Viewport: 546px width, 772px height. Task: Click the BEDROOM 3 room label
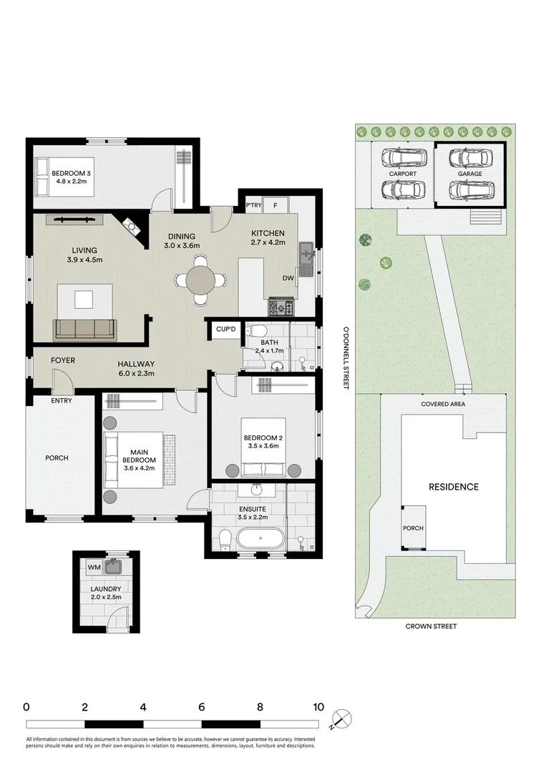tap(72, 177)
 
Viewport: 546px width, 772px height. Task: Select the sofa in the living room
tap(84, 330)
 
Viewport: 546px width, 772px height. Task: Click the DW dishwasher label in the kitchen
tap(288, 278)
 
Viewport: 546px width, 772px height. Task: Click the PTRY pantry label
tap(254, 205)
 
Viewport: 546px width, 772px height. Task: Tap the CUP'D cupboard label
tap(226, 329)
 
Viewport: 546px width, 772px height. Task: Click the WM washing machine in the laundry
tap(94, 567)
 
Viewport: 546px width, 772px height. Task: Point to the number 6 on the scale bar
tap(202, 708)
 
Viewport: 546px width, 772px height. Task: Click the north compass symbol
tap(341, 719)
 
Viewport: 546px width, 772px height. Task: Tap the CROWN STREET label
tap(432, 626)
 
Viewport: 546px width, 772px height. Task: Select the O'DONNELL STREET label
tap(346, 358)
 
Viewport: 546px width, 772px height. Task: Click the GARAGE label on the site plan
tap(470, 174)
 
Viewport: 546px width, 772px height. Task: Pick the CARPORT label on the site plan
tap(403, 174)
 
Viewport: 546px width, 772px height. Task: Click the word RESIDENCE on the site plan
tap(454, 487)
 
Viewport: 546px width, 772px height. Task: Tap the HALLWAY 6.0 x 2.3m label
tap(136, 369)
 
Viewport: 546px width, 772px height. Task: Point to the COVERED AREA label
tap(443, 404)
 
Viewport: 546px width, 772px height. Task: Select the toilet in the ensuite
tap(225, 540)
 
